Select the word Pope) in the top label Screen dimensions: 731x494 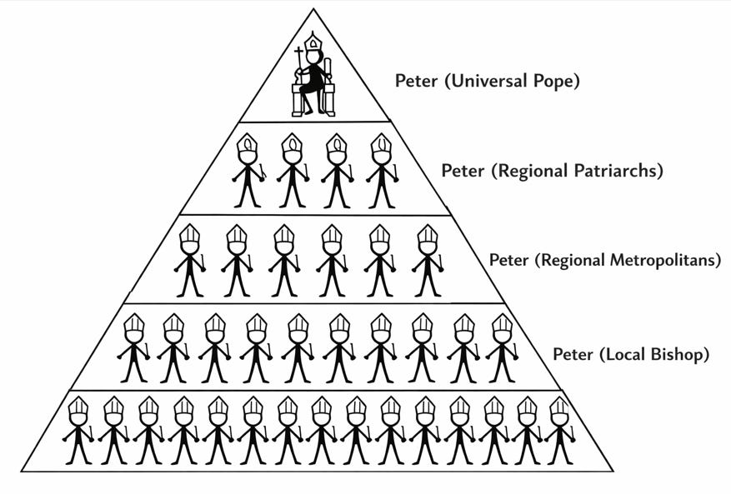553,82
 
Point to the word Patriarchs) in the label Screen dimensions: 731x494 613,172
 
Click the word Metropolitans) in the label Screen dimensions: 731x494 663,260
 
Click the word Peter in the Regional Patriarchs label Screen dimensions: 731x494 463,172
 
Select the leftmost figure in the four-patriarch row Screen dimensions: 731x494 248,171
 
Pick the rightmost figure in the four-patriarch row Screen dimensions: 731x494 381,171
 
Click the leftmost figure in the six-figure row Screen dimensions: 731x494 190,260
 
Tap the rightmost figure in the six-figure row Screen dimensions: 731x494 428,260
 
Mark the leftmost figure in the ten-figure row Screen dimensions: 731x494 133,348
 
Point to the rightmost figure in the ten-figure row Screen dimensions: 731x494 502,348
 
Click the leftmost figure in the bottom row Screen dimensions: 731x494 78,430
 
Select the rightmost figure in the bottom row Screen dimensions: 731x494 559,430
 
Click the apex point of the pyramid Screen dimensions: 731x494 313,9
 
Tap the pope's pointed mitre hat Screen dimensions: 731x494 313,42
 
